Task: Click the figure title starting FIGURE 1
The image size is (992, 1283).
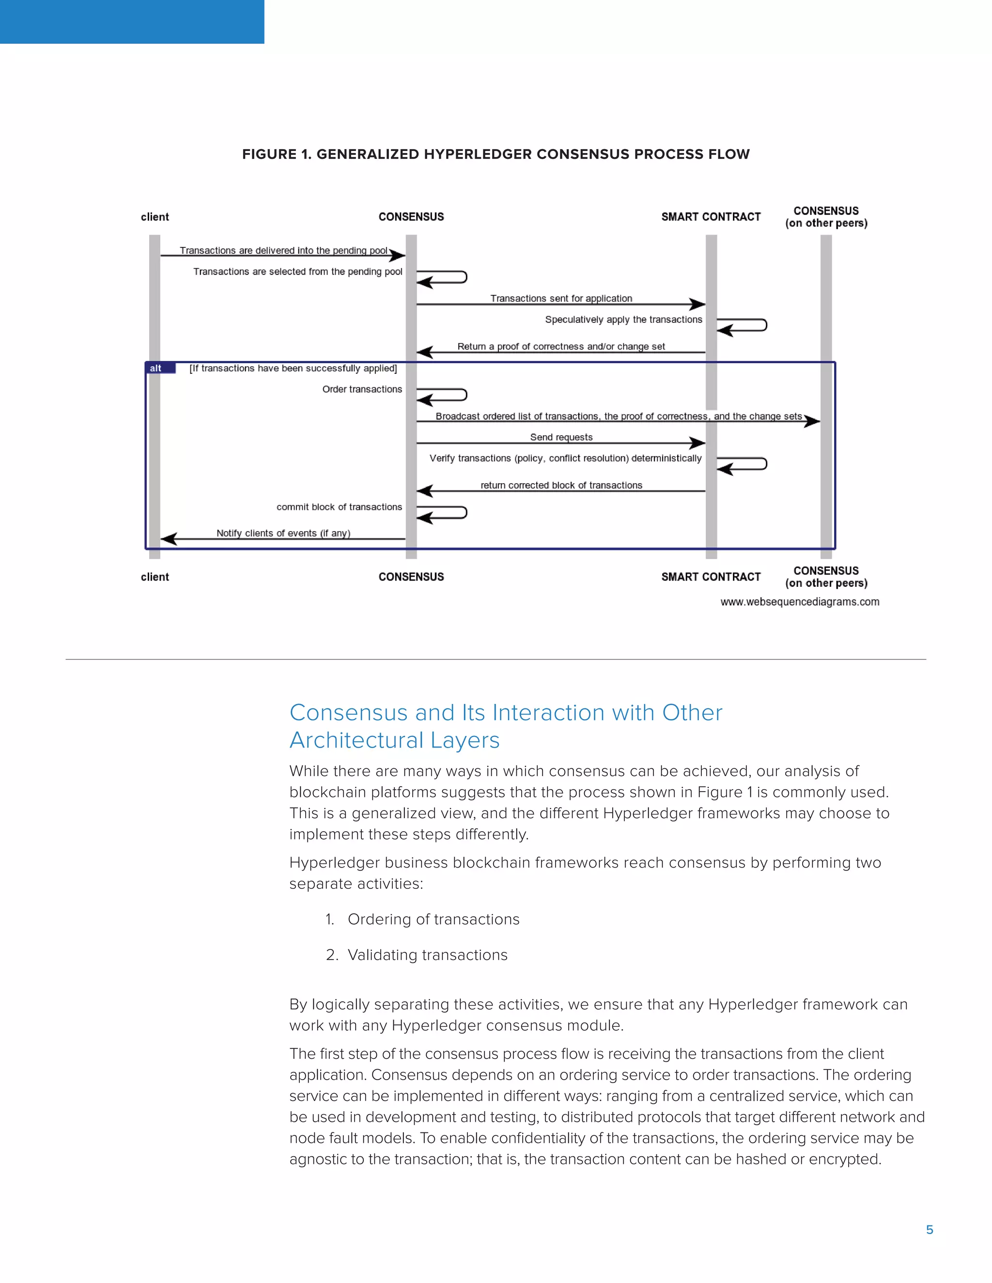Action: pos(496,154)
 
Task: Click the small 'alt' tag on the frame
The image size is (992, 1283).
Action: pos(156,368)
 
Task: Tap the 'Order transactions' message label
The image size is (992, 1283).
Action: pos(362,389)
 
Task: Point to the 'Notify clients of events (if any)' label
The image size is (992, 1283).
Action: pos(283,533)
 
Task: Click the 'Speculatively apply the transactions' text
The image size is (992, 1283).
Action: pos(623,320)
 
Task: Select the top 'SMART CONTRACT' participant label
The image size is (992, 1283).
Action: pos(711,217)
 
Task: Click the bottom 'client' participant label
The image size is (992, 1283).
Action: pos(155,577)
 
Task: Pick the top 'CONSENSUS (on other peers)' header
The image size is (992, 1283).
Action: pos(826,217)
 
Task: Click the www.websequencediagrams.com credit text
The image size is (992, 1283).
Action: pos(799,601)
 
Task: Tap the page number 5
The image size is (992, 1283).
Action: pos(929,1230)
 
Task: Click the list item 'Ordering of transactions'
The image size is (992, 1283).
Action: pos(433,919)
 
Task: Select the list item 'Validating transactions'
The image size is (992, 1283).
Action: pos(427,955)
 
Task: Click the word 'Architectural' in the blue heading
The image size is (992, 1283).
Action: pos(356,740)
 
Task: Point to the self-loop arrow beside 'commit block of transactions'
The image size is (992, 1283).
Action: pos(444,513)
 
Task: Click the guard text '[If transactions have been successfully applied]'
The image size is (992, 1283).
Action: pos(293,368)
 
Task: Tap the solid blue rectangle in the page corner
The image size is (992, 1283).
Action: pos(132,22)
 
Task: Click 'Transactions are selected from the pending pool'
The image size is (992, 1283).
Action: pos(297,272)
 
